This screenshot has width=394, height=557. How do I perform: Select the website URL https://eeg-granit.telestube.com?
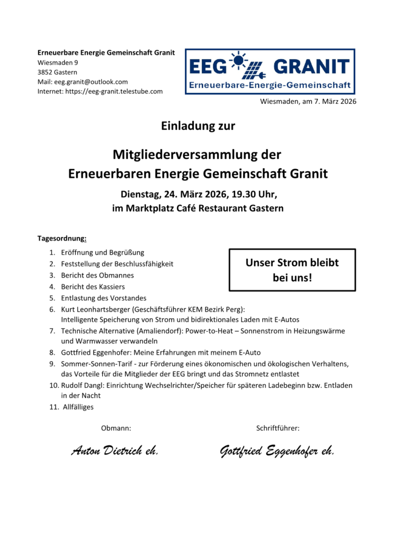coord(114,91)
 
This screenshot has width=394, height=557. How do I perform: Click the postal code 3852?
coord(45,72)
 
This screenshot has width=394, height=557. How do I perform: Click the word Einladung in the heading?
coord(185,126)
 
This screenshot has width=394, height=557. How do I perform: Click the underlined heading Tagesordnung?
coord(61,238)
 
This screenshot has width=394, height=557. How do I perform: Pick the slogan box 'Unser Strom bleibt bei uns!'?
coord(292,270)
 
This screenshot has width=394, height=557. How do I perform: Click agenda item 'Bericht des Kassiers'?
coord(93,286)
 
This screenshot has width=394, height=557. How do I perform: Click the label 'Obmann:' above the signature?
coord(116,429)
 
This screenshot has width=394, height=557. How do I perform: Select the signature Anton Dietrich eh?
coord(115,451)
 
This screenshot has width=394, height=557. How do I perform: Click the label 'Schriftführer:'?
coord(278,429)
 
